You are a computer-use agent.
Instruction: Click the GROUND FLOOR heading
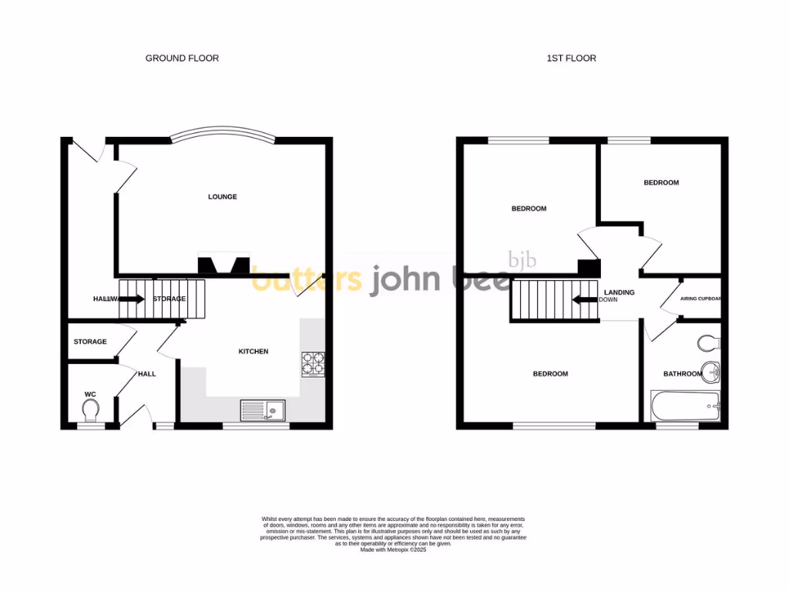pos(182,58)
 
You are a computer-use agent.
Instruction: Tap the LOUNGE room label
pos(222,197)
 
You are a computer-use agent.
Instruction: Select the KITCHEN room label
pos(253,352)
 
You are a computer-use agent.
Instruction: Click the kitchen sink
pos(262,410)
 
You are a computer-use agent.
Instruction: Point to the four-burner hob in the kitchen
pos(313,364)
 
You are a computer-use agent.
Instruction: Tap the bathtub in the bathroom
pos(685,406)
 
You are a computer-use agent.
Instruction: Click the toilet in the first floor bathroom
pos(709,342)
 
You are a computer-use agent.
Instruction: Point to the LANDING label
pos(619,292)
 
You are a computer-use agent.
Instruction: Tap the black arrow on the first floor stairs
pos(586,299)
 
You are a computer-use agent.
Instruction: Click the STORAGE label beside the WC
pos(90,342)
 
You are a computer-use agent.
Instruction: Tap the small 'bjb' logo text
pos(522,260)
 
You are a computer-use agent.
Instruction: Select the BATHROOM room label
pos(683,374)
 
